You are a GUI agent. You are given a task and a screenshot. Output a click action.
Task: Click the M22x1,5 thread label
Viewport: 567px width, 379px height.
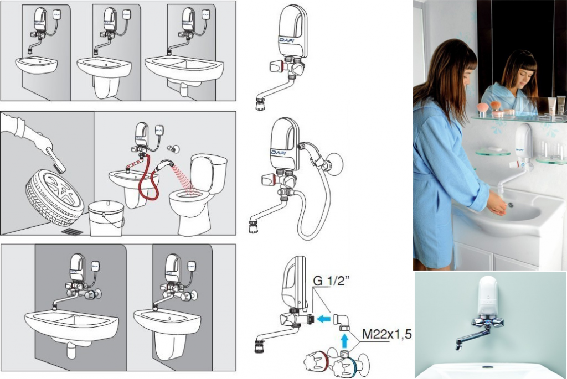pyautogui.click(x=386, y=334)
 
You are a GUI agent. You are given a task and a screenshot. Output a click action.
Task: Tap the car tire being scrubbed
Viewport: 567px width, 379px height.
pyautogui.click(x=55, y=197)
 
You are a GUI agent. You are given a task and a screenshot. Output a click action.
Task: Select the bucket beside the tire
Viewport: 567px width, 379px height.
pyautogui.click(x=106, y=219)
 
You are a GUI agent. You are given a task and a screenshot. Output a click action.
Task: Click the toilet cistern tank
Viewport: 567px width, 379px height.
pyautogui.click(x=209, y=173)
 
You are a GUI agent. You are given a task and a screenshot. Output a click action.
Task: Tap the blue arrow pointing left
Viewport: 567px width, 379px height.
pyautogui.click(x=323, y=319)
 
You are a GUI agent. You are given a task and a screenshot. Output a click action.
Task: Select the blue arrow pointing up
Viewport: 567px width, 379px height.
pyautogui.click(x=344, y=340)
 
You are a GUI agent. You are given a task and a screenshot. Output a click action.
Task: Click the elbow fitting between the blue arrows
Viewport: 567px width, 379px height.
pyautogui.click(x=341, y=322)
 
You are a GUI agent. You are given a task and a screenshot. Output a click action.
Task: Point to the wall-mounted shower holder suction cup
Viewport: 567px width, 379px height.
pyautogui.click(x=334, y=164)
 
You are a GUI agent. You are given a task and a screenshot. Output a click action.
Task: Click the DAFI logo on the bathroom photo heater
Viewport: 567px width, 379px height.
pyautogui.click(x=519, y=149)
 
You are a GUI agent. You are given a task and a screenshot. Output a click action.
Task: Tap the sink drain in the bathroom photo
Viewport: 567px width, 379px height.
pyautogui.click(x=510, y=205)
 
